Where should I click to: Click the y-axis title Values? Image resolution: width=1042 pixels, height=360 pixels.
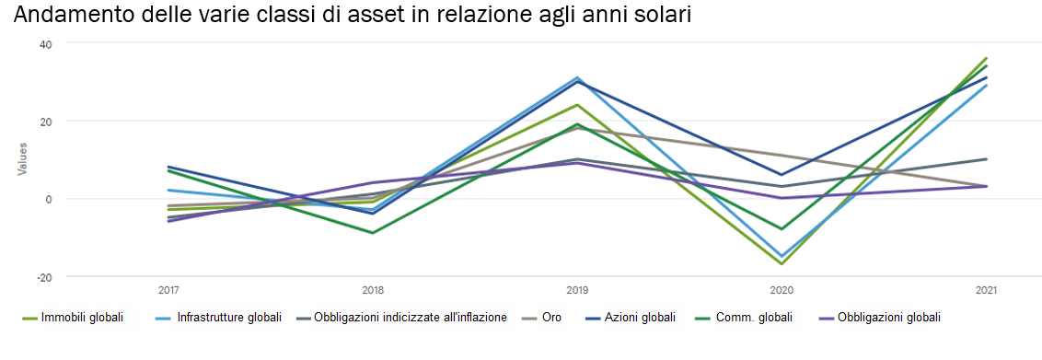[22, 159]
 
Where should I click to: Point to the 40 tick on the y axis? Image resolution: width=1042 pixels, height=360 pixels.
[45, 44]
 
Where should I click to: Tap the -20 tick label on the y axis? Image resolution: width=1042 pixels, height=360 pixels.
[44, 277]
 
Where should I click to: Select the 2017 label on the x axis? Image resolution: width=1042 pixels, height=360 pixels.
[168, 291]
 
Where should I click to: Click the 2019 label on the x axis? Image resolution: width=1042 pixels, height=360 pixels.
[577, 291]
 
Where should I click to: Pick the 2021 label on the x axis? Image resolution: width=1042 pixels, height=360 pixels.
[987, 291]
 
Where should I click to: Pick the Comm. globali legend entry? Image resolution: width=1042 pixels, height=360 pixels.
[752, 318]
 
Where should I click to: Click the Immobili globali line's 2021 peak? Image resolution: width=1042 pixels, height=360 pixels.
[987, 58]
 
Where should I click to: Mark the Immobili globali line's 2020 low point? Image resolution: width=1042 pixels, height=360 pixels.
[782, 264]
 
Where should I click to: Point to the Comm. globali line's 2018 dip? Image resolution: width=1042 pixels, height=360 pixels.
[373, 233]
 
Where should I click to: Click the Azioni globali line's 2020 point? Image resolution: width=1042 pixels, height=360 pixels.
[782, 175]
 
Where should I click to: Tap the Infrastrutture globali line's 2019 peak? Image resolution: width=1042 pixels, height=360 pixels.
[577, 77]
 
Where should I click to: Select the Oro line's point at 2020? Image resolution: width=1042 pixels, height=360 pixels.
[782, 156]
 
